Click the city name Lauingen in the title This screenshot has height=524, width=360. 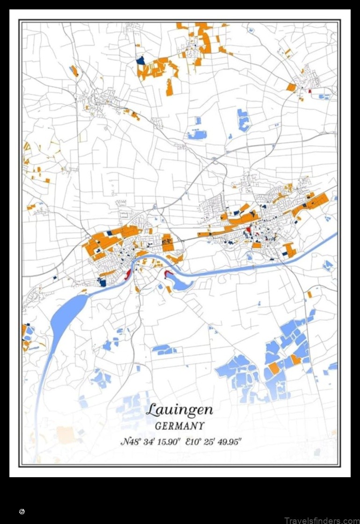click(179, 410)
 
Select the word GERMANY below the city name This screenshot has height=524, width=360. click(180, 426)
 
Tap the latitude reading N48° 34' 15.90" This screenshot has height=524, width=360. click(150, 441)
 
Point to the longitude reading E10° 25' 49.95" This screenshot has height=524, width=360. click(213, 441)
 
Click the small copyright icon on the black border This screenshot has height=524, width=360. click(22, 512)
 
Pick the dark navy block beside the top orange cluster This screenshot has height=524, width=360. click(140, 59)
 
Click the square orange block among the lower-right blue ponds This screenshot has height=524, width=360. click(274, 368)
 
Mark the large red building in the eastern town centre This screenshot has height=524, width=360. click(249, 229)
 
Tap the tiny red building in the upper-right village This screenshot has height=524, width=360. click(309, 90)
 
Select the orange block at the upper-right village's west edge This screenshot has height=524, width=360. click(291, 87)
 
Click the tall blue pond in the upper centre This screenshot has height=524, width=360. click(242, 120)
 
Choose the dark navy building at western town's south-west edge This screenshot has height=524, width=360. click(102, 282)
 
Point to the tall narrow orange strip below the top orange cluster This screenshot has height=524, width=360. click(169, 87)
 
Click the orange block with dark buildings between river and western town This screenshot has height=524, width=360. click(167, 242)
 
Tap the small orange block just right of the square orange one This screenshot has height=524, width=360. click(295, 359)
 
